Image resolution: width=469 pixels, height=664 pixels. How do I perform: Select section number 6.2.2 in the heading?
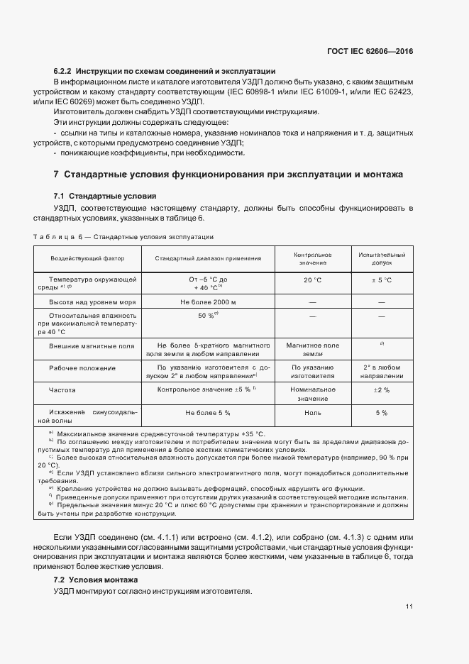pos(62,71)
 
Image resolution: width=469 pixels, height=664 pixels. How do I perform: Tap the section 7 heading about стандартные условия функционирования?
pos(228,174)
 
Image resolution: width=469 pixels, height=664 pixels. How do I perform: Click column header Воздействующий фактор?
pos(87,259)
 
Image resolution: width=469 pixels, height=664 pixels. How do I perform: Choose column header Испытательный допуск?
pos(381,258)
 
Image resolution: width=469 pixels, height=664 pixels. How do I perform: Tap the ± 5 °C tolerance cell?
pos(382,280)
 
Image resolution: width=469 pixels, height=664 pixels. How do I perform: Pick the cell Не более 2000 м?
pos(208,303)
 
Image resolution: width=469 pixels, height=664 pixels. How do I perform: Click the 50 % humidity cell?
pos(208,315)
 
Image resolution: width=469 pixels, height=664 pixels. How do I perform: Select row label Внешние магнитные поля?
pos(92,346)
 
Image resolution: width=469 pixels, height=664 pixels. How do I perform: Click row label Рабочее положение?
pos(82,367)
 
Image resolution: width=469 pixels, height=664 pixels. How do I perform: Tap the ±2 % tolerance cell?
pos(382,390)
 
